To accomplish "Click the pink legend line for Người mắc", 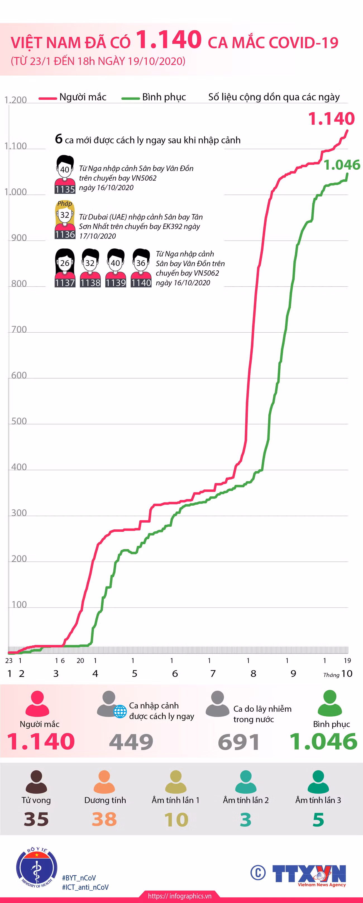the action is pos(48,99).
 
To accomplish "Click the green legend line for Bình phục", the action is pos(130,99).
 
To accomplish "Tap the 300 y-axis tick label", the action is pos(19,513).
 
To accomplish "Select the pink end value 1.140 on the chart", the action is pos(331,119).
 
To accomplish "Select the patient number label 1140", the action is pos(141,283).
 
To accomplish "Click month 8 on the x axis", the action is pos(253,673).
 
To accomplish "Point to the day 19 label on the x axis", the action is pos(347,661).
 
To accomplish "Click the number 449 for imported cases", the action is pos(131,742).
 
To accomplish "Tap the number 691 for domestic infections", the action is pos(238,742).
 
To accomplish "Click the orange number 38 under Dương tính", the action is pos(104,819).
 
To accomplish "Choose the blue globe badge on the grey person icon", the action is pos(120,712).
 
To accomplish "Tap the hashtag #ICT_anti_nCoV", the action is pos(85,887).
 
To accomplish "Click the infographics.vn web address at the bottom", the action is pos(180,896).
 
